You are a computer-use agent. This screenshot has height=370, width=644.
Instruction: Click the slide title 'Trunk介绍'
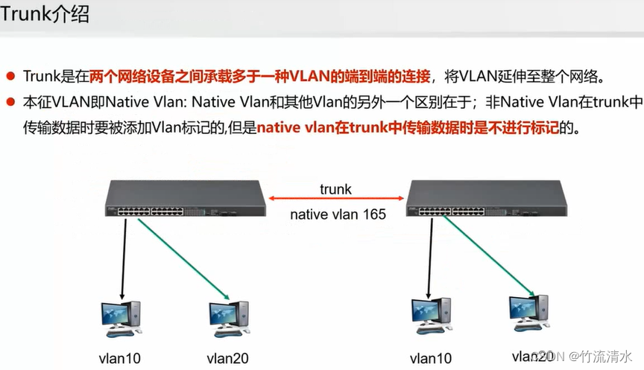click(45, 14)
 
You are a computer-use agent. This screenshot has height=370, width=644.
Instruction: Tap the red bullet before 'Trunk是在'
click(11, 76)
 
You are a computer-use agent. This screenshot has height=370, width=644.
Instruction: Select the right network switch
click(485, 200)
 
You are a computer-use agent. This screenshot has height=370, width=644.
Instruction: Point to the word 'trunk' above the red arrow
click(335, 188)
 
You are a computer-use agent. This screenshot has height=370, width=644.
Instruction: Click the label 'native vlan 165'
click(338, 214)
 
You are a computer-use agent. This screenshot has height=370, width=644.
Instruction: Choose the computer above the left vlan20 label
click(229, 316)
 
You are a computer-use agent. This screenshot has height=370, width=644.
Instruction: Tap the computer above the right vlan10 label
click(431, 314)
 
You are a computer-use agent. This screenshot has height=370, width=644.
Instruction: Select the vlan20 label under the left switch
click(227, 357)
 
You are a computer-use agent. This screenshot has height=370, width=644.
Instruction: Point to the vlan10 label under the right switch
click(432, 357)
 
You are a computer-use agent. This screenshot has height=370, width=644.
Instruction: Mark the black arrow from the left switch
click(124, 257)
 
